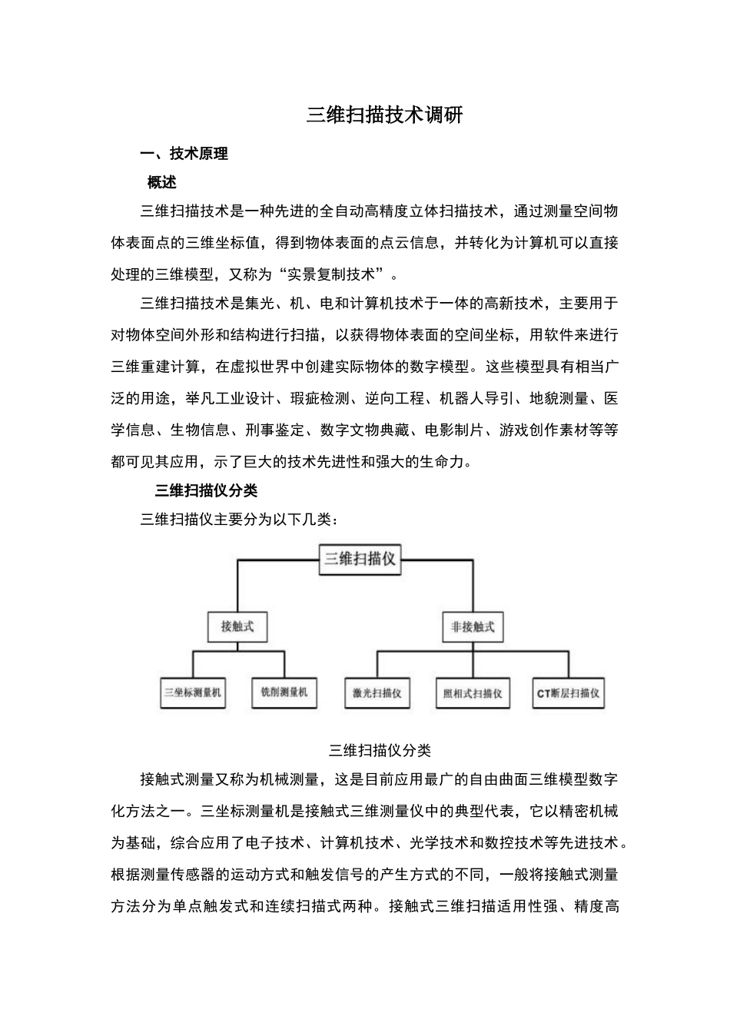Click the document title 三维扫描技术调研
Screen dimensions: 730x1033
point(384,115)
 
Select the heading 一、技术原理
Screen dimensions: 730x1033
point(184,154)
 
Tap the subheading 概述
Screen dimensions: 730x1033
point(162,183)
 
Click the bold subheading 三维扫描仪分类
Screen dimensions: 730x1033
point(206,490)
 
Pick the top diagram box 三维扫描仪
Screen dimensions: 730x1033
point(360,559)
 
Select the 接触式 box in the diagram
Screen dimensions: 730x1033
point(237,626)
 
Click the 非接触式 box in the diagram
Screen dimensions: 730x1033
point(473,626)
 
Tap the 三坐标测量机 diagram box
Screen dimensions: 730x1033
point(192,693)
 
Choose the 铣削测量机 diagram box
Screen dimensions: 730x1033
point(284,693)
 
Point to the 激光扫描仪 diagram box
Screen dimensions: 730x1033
point(377,693)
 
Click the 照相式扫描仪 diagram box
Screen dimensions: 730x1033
point(473,693)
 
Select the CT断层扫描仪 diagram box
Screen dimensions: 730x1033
point(569,693)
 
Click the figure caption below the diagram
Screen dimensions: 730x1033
point(380,750)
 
